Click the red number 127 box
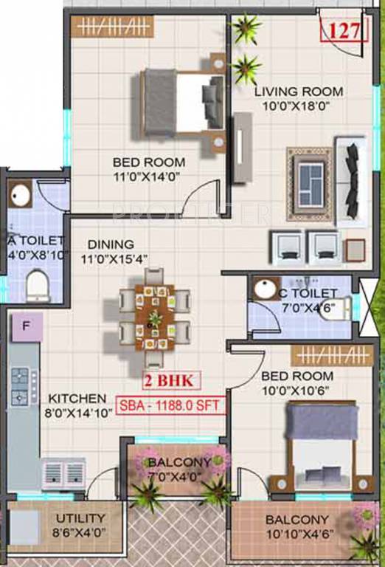344,31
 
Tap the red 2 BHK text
173,382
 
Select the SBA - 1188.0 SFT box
170,405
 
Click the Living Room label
299,92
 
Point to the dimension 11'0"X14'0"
148,176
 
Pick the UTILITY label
80,518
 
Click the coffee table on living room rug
311,184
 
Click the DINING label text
110,244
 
